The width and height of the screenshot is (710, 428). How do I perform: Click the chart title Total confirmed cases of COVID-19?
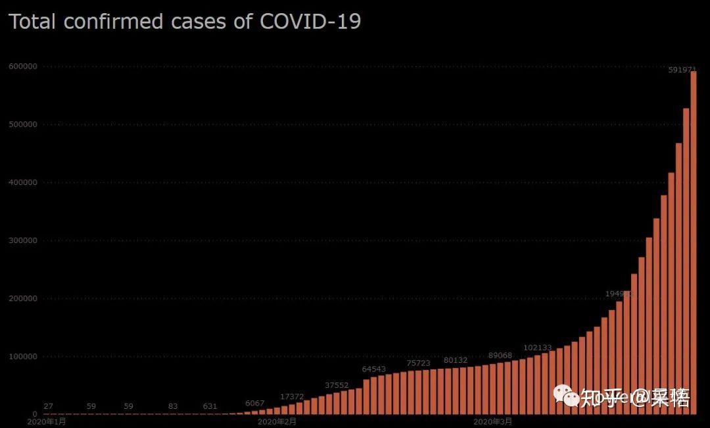[x=185, y=22]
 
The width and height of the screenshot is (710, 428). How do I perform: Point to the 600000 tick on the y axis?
[x=23, y=67]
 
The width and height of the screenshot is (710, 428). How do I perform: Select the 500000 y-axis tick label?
[x=23, y=124]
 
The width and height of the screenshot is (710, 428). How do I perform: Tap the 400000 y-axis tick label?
[x=23, y=182]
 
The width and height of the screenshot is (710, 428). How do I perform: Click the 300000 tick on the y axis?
[x=23, y=240]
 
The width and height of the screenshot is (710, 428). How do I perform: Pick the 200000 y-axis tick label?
[x=23, y=298]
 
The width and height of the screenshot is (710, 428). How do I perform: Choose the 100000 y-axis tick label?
[x=23, y=356]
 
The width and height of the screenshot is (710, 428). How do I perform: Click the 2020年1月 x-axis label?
[x=47, y=421]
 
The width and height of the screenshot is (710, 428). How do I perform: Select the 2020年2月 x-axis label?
[x=277, y=421]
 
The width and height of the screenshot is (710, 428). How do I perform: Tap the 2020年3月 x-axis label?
[x=492, y=421]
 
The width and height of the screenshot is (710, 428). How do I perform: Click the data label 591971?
[x=682, y=69]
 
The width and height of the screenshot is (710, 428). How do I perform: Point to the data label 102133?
[x=537, y=348]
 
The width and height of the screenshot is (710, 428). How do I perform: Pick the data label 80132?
[x=456, y=360]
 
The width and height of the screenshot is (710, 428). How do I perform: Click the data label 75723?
[x=419, y=363]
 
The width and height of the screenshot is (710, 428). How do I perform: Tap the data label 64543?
[x=374, y=369]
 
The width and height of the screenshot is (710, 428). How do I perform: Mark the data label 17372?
[x=292, y=396]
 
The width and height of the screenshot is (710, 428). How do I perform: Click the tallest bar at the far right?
[x=693, y=244]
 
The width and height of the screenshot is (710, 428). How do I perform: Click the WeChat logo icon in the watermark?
[x=565, y=396]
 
